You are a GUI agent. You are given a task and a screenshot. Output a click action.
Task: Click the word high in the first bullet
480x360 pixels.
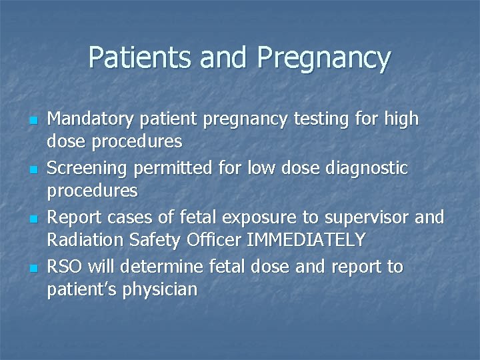[401, 119]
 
